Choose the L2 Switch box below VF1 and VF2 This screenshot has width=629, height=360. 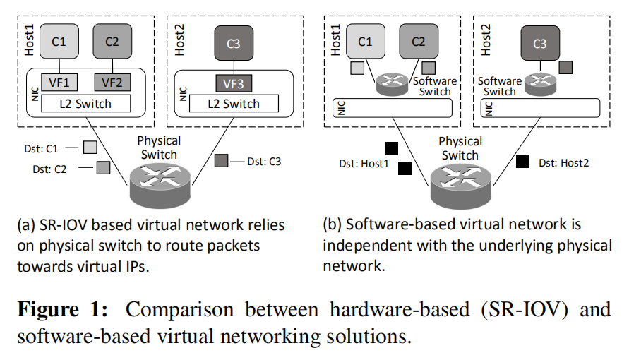click(x=85, y=104)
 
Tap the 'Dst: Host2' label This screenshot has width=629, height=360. click(x=563, y=162)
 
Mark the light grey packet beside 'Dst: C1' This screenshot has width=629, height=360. click(x=90, y=148)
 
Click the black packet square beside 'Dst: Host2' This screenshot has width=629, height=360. click(x=522, y=162)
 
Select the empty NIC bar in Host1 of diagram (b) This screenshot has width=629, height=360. click(x=392, y=109)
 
